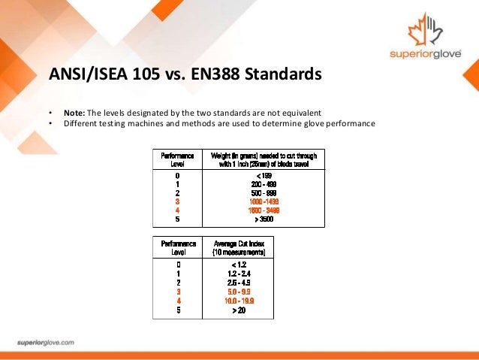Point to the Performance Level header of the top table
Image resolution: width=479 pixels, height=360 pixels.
(178, 159)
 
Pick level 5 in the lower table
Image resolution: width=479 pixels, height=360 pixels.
(178, 309)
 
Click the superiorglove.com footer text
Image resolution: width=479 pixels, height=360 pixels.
(45, 342)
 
